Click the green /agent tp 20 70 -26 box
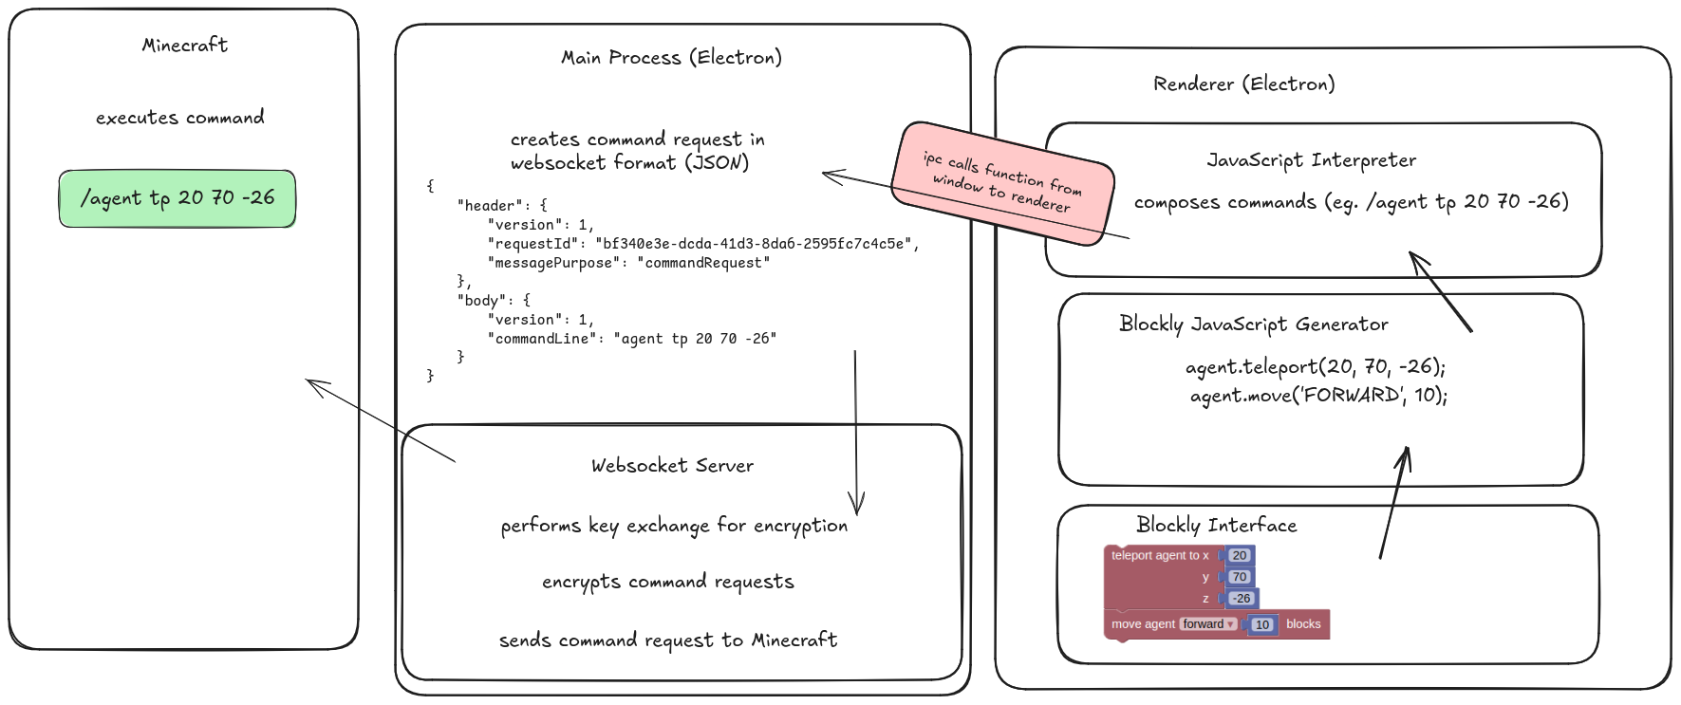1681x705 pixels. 177,198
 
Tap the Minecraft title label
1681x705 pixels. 185,45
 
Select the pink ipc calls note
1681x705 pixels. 1002,182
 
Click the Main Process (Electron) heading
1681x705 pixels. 671,57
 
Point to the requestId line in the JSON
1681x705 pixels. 702,244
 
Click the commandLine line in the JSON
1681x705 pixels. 631,339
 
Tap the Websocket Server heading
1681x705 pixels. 672,466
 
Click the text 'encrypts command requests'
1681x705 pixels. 667,582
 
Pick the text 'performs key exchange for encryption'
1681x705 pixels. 674,526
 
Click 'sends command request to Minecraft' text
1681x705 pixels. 668,640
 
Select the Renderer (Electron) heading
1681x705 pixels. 1243,83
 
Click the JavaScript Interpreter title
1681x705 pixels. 1311,160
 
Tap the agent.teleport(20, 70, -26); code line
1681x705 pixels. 1315,367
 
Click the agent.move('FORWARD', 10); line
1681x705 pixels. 1318,395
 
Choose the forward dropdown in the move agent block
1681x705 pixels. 1208,624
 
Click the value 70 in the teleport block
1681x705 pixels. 1240,577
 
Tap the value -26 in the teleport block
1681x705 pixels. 1242,599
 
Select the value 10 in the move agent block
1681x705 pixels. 1261,624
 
